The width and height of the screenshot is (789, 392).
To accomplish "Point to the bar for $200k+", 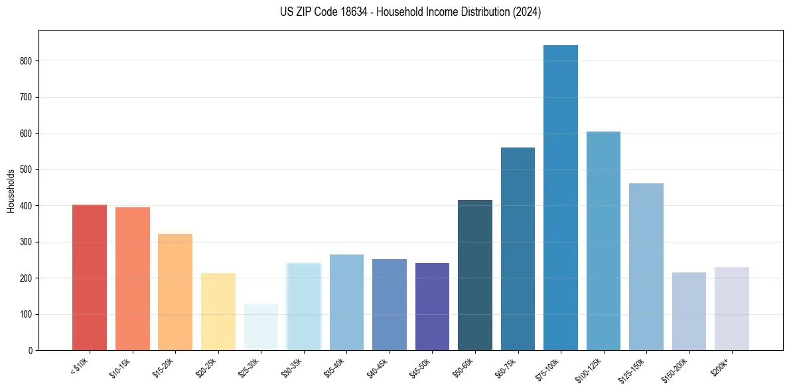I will [732, 308].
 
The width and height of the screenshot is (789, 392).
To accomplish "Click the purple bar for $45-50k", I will [432, 306].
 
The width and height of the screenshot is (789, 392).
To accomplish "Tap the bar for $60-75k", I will [518, 248].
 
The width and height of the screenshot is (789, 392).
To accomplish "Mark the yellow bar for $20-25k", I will [218, 312].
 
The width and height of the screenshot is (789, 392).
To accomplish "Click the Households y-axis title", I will [11, 191].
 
